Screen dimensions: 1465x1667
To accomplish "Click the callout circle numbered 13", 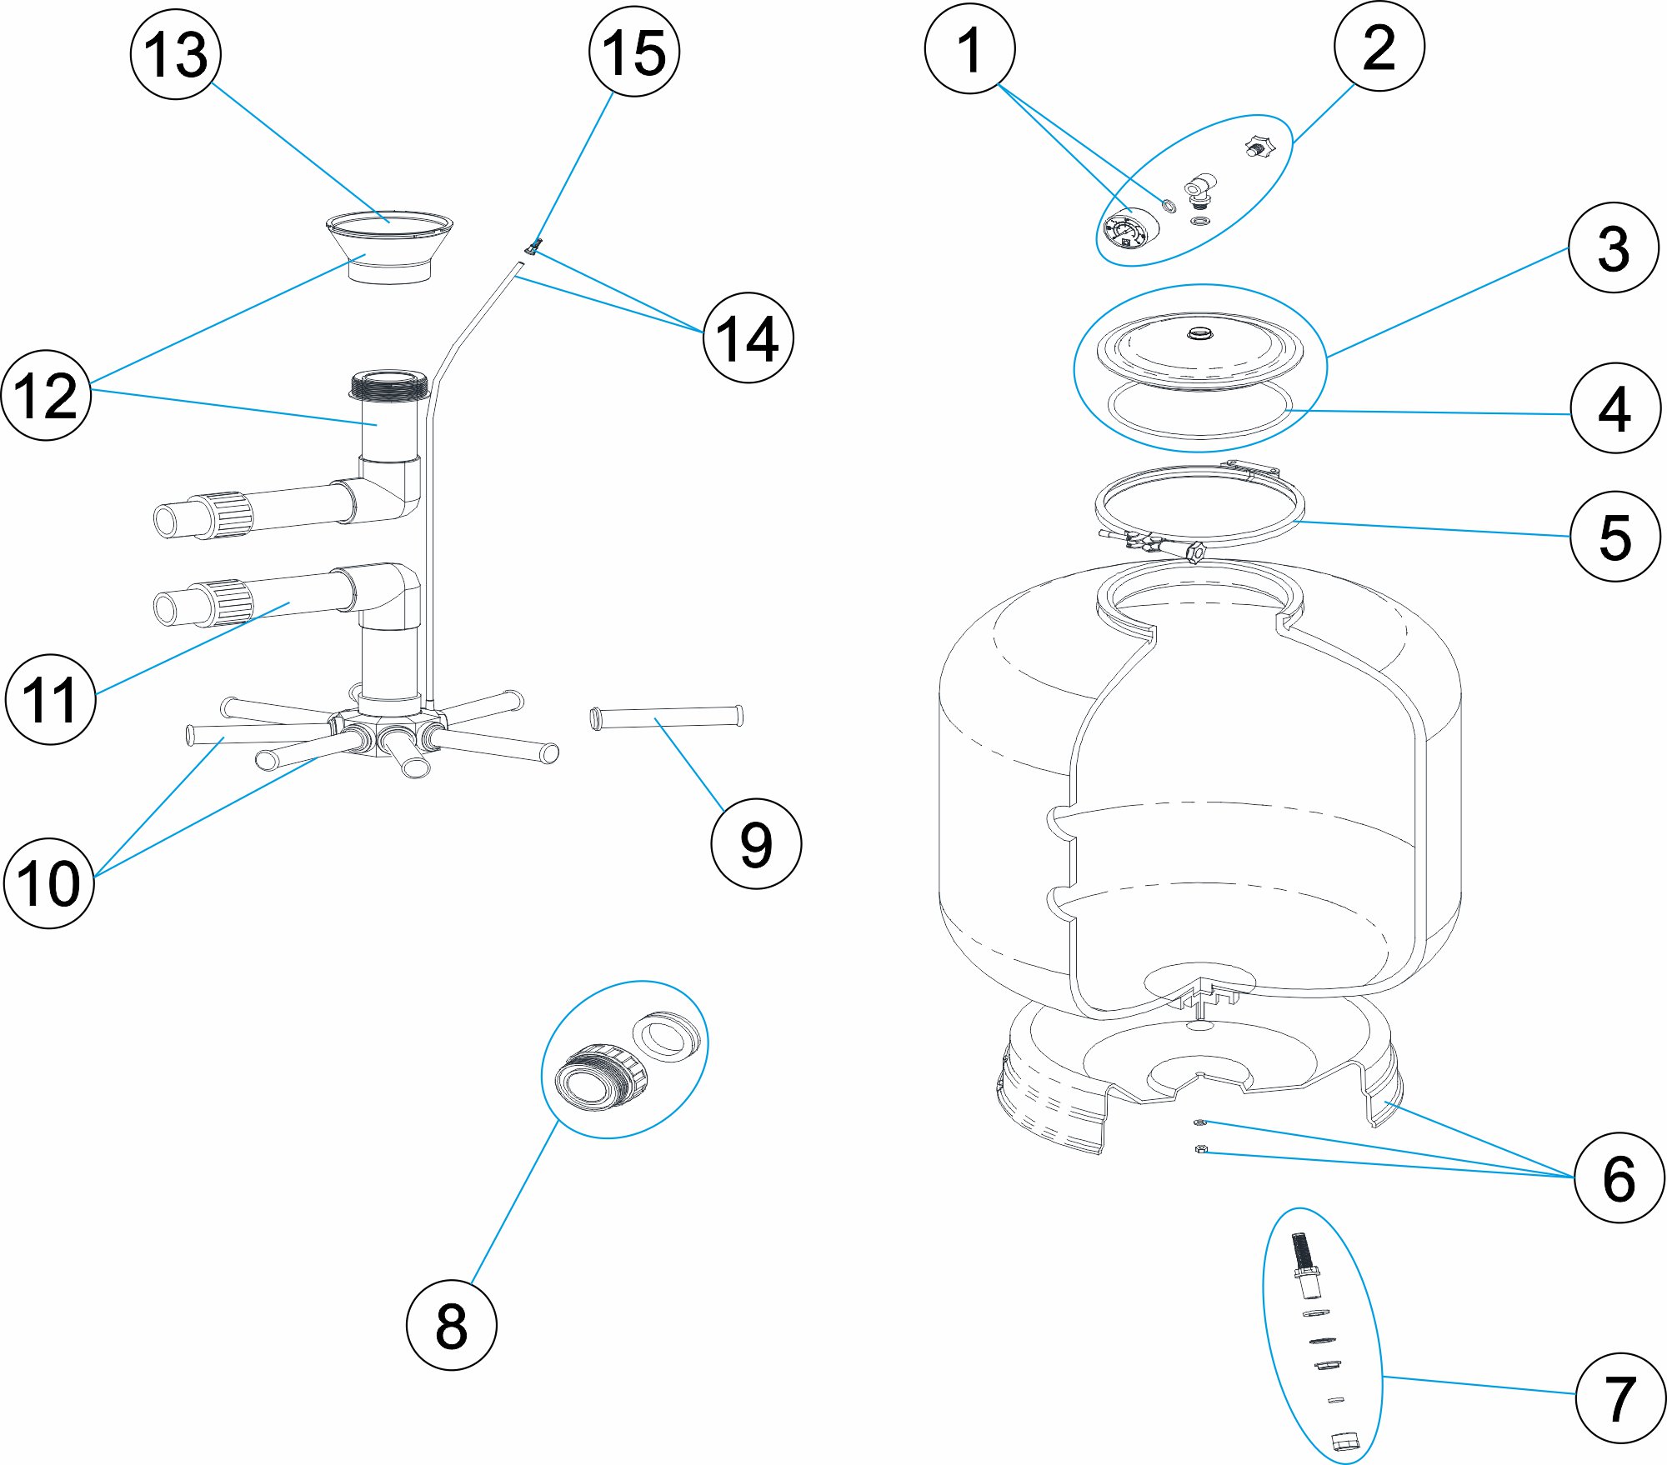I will (176, 55).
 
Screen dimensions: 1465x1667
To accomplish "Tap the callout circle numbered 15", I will (634, 52).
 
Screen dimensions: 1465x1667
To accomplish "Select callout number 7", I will (1619, 1398).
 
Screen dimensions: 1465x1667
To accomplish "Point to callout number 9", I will (756, 843).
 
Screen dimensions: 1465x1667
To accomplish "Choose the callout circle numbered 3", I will (1614, 247).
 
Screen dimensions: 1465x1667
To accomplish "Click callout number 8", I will (451, 1325).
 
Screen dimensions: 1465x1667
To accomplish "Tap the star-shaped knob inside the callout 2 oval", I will (1259, 148).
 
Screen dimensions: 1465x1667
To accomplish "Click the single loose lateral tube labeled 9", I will (666, 717).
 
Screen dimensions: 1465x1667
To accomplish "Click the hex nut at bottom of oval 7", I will (1345, 1440).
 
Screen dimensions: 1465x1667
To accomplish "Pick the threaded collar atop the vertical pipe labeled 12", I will (389, 387).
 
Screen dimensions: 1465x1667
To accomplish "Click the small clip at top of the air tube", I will (533, 247).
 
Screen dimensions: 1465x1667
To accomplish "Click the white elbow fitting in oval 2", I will (1199, 189).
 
